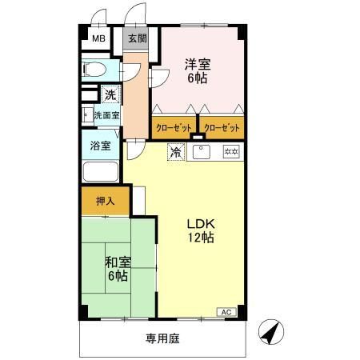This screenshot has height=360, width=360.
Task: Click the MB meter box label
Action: [x=97, y=38]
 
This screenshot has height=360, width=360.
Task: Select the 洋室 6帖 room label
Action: [x=197, y=70]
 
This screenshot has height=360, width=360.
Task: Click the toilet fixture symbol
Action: [x=94, y=68]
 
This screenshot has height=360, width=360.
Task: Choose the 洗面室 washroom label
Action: [x=106, y=115]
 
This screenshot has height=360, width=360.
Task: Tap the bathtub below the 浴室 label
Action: [x=100, y=171]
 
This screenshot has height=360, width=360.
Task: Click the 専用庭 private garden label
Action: [x=162, y=338]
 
